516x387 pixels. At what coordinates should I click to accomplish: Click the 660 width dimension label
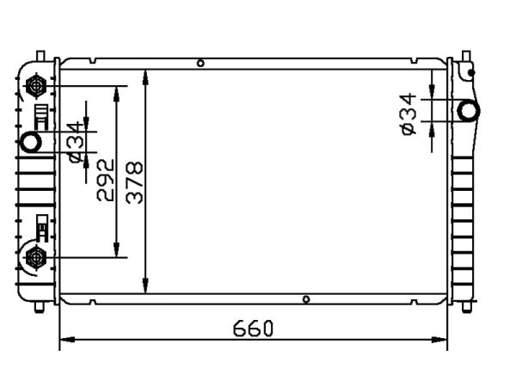click(x=253, y=329)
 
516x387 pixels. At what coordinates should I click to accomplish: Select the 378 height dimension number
click(x=135, y=182)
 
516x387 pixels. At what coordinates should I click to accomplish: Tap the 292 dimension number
click(x=106, y=180)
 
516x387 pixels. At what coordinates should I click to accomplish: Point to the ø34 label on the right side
click(x=408, y=114)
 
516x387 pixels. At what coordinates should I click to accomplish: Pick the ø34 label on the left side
click(x=74, y=142)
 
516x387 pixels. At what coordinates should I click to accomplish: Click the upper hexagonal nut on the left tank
click(x=36, y=86)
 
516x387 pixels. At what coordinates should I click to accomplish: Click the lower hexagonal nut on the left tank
click(x=36, y=257)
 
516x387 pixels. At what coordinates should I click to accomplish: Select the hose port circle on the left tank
click(x=31, y=142)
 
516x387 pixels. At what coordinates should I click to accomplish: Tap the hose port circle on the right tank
click(x=469, y=111)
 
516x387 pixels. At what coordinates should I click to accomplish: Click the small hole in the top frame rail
click(x=200, y=63)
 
